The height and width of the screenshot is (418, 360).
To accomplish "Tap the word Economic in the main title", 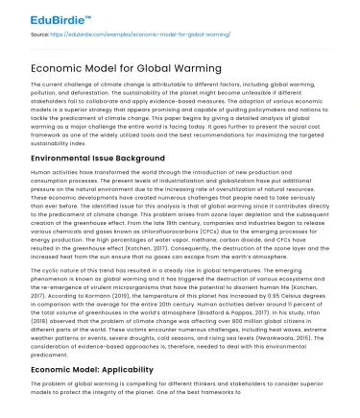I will click(x=65, y=68).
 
